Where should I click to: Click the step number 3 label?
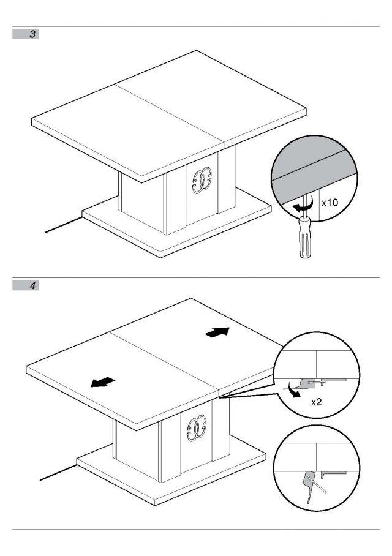click(x=32, y=34)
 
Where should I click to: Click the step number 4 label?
click(x=32, y=286)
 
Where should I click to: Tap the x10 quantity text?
click(x=330, y=203)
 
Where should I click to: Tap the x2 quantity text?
click(x=316, y=402)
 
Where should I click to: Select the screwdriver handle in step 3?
click(x=304, y=237)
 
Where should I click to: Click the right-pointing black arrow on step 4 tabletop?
click(x=217, y=332)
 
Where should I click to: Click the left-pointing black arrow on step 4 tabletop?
click(x=103, y=382)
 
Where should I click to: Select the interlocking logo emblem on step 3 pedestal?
click(x=202, y=180)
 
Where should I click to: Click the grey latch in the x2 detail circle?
click(x=307, y=382)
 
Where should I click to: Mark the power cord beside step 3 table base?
click(x=64, y=225)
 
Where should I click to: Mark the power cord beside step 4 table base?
click(x=59, y=472)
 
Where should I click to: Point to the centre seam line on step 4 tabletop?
click(x=165, y=363)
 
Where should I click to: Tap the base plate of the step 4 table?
click(x=171, y=475)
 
